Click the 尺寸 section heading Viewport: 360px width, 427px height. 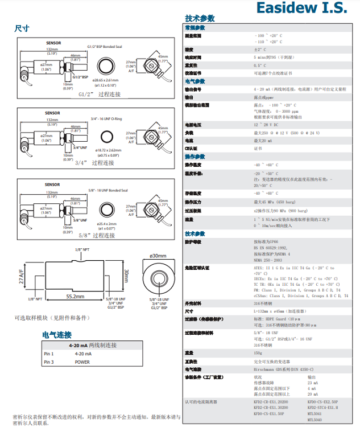pyautogui.click(x=22, y=28)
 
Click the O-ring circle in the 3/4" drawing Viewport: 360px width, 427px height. pyautogui.click(x=109, y=137)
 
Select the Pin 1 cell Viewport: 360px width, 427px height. pyautogui.click(x=49, y=354)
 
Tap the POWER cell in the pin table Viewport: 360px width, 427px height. pyautogui.click(x=82, y=362)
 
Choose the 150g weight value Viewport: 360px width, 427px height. pyautogui.click(x=258, y=353)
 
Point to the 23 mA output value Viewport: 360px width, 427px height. pyautogui.click(x=313, y=383)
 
